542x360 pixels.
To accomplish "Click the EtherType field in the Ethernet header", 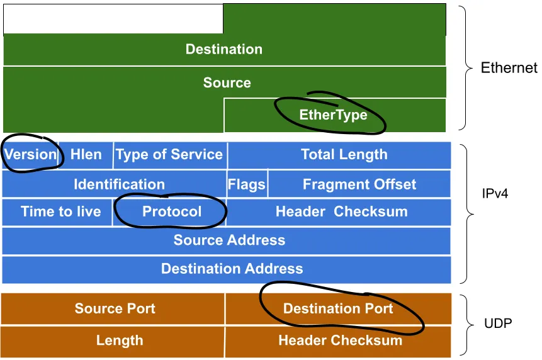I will pos(334,115).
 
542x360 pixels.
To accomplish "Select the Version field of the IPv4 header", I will pos(31,155).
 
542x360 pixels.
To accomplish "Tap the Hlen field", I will pos(86,155).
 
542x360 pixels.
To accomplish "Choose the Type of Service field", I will pos(169,155).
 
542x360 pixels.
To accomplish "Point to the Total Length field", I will pos(344,155).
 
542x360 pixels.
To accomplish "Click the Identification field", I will pos(119,184).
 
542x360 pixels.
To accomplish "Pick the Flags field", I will pos(247,185).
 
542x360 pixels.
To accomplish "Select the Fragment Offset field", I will pos(359,184).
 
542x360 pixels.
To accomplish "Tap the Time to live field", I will pos(60,211).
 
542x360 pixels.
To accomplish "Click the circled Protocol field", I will pos(172,211).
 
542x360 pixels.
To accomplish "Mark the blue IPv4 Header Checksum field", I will pos(341,211).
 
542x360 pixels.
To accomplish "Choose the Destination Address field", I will pos(232,269).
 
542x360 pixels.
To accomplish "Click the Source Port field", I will pos(115,308).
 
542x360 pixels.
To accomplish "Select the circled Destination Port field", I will pos(338,308).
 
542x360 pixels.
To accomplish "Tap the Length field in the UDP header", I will pos(120,341).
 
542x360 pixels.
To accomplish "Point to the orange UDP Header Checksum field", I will pos(340,341).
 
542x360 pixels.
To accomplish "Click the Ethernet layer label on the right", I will pos(509,68).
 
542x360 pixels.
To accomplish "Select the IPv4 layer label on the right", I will pos(495,193).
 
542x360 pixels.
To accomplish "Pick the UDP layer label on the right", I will pos(498,324).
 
